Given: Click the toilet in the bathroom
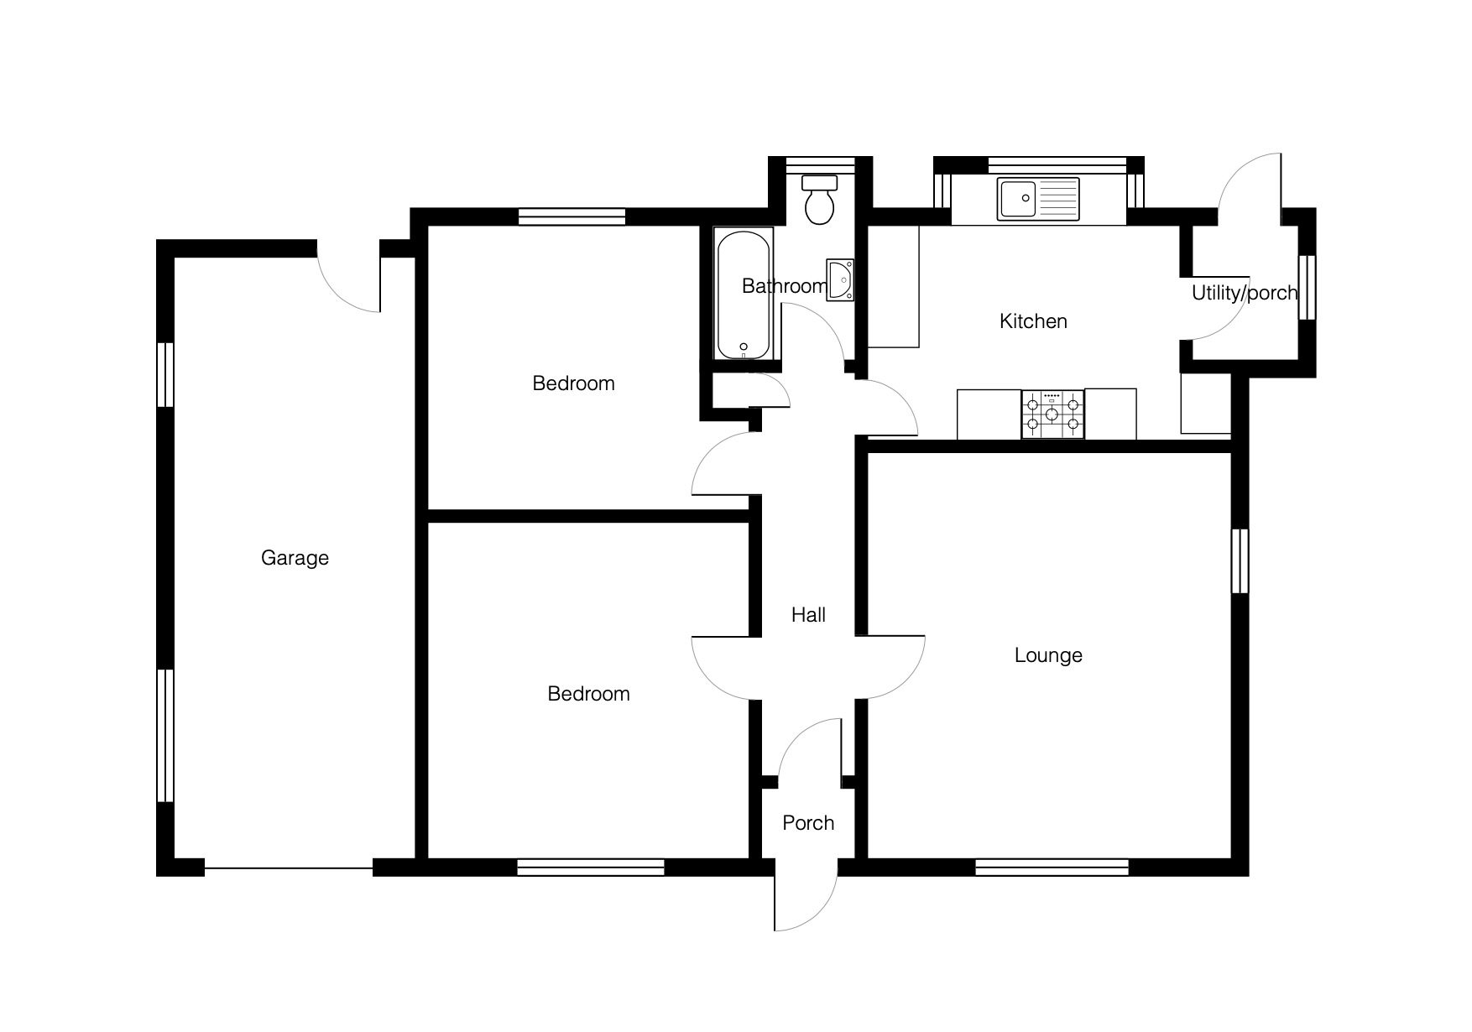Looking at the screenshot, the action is [x=819, y=199].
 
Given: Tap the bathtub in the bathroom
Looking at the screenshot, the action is [x=744, y=294].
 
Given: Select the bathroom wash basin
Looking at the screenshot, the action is [x=840, y=279].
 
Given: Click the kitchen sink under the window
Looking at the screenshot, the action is [x=1038, y=200].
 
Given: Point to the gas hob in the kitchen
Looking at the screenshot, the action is [x=1053, y=414].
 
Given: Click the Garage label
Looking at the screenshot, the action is [x=295, y=558].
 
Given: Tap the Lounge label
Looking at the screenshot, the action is [x=1048, y=655].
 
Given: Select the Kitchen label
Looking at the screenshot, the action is [x=1033, y=321].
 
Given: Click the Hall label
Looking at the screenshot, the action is [x=808, y=615].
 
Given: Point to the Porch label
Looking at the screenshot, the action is [x=808, y=823].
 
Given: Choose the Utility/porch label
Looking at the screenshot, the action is [x=1245, y=294].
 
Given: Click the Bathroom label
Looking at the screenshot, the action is [x=785, y=286].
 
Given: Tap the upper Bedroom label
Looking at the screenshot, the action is [x=574, y=383].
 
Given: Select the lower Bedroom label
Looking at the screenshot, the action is [x=588, y=694].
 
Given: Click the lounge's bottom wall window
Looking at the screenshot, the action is [x=1052, y=867].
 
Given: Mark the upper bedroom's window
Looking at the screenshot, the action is [x=572, y=216].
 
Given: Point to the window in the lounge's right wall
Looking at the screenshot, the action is [x=1240, y=561].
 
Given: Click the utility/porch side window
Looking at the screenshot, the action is [x=1307, y=287].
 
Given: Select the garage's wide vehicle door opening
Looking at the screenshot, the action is [x=289, y=868].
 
